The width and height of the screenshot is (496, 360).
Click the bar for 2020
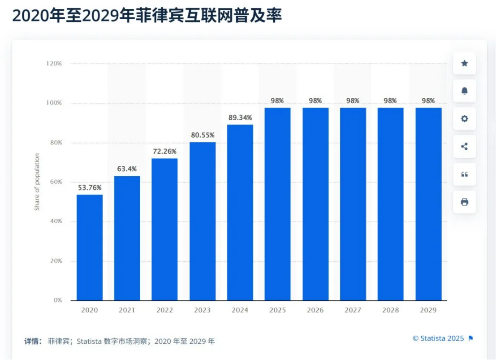(89, 247)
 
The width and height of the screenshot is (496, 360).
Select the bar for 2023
(203, 221)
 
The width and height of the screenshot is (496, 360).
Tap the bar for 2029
(428, 204)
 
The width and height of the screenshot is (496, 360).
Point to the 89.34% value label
(240, 117)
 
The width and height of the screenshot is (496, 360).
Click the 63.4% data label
(127, 169)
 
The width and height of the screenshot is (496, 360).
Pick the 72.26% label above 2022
(164, 151)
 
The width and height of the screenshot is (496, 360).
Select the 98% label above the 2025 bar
(277, 100)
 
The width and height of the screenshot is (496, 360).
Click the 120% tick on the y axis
(54, 64)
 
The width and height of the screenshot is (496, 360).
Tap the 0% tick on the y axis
(57, 300)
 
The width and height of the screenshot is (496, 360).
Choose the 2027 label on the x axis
(353, 310)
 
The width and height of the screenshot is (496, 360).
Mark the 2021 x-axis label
(127, 310)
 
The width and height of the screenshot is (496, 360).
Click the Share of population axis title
(37, 182)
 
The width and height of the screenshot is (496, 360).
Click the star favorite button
(464, 63)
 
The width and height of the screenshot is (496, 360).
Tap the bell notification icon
(464, 91)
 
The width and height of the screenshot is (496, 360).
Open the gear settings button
(464, 119)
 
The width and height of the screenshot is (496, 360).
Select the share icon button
(464, 147)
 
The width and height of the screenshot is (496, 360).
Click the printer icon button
(464, 202)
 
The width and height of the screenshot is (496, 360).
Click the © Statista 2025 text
(438, 338)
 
